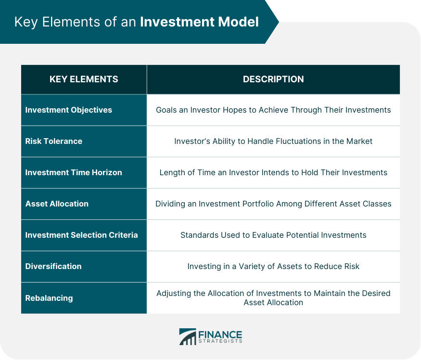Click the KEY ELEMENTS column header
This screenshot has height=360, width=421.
84,79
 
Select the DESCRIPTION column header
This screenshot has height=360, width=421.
273,79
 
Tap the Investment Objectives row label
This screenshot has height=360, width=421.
68,110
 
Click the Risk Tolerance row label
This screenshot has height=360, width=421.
54,141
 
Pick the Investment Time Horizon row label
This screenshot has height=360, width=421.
74,172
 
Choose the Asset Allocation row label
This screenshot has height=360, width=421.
57,204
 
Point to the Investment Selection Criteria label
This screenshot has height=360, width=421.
81,235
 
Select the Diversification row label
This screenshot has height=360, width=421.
53,266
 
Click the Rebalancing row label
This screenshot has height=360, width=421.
49,298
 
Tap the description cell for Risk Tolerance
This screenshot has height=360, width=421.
273,141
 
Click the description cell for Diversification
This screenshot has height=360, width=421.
273,266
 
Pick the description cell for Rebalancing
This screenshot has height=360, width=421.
273,297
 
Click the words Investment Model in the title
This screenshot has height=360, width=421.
199,22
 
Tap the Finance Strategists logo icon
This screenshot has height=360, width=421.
188,336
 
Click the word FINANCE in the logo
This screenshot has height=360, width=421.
220,335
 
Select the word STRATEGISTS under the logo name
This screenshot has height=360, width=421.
220,341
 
